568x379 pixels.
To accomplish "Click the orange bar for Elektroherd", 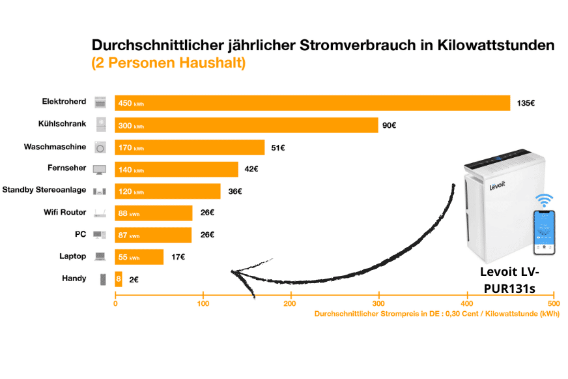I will [x=313, y=103].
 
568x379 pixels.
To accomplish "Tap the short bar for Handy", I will [x=119, y=279].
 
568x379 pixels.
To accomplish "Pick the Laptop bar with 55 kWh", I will [x=139, y=257].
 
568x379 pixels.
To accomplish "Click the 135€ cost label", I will [x=526, y=103].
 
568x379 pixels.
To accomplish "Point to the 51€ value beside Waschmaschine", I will [x=278, y=147].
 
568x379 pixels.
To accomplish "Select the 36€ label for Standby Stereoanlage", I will [x=234, y=191].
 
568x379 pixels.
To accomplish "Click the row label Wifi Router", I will [x=64, y=212].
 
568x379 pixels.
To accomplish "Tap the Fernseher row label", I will [x=67, y=168].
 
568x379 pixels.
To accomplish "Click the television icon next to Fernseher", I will [x=100, y=170].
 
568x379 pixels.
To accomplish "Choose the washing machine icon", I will [x=100, y=147].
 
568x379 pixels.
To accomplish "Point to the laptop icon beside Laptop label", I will [x=100, y=257].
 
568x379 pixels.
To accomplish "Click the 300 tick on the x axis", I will [x=378, y=303].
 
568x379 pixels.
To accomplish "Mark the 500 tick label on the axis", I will [x=553, y=303].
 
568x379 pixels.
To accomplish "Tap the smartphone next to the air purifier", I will [x=544, y=232].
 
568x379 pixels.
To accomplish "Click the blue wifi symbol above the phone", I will [x=544, y=200].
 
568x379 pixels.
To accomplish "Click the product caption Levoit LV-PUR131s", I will [x=509, y=280].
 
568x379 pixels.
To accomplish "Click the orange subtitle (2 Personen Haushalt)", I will [x=168, y=64].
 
